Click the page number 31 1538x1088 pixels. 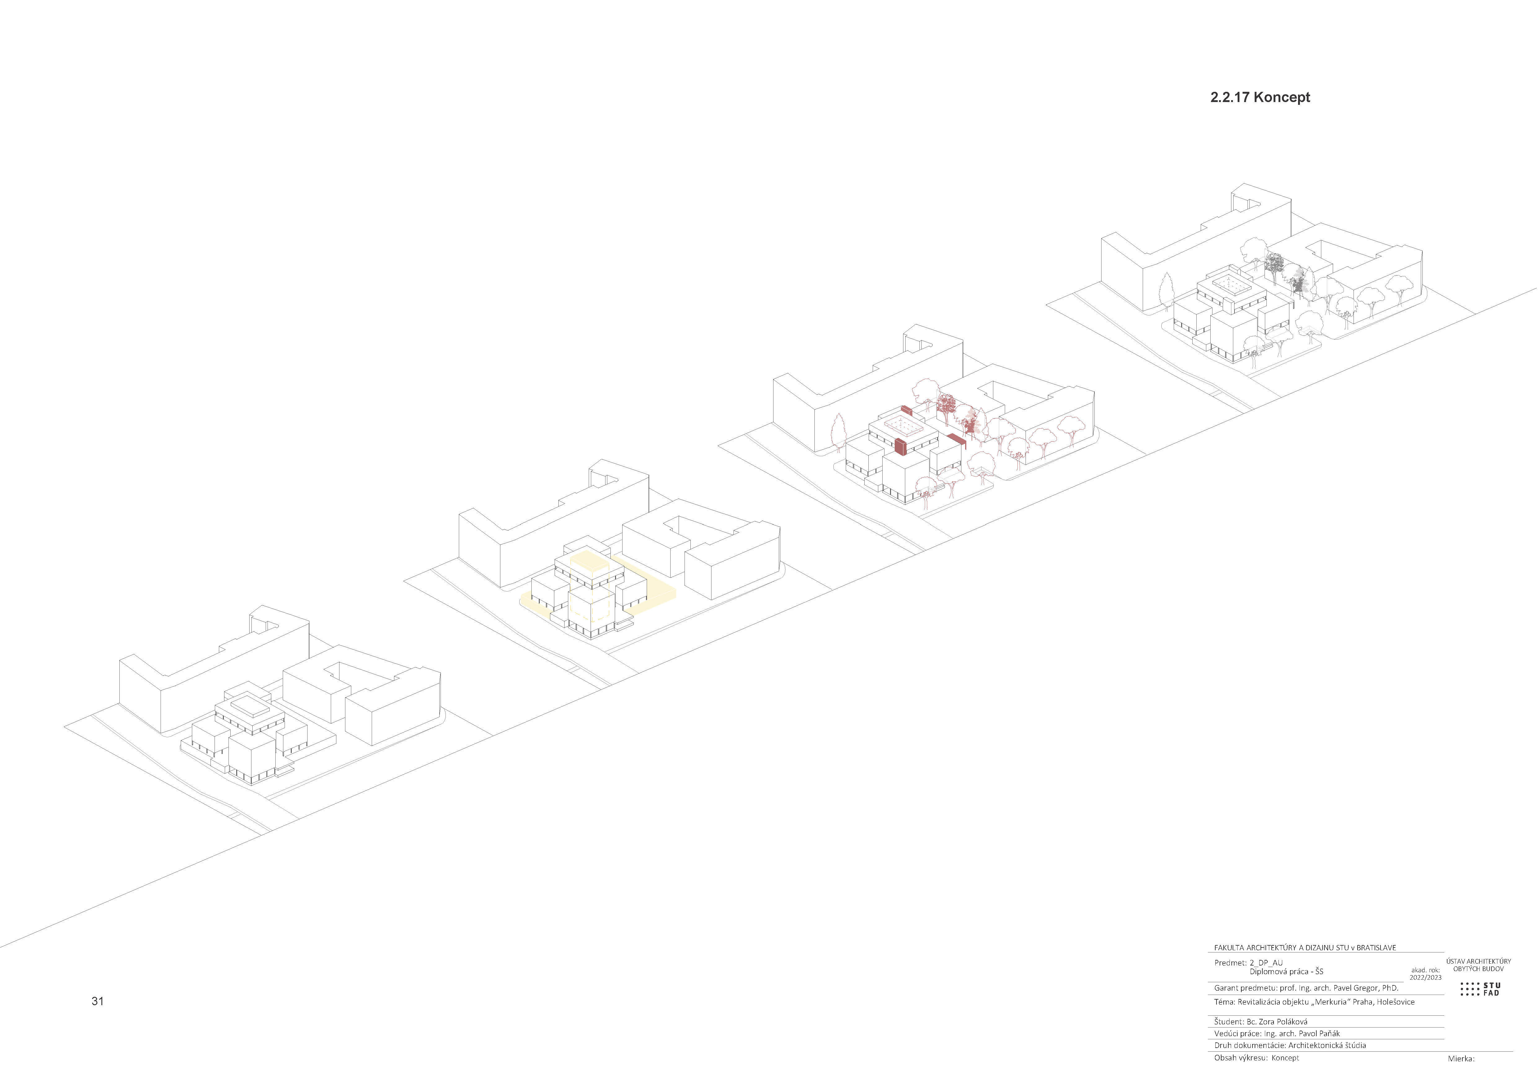click(x=98, y=1001)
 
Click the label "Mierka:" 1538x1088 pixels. click(x=1461, y=1059)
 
